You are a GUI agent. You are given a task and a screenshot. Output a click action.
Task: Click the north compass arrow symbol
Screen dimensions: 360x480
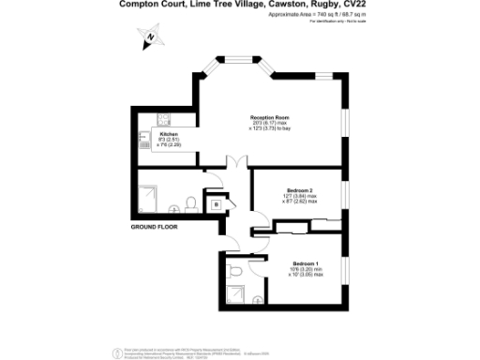tap(149, 37)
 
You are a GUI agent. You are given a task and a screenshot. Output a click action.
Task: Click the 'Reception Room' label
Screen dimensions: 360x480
tap(267, 116)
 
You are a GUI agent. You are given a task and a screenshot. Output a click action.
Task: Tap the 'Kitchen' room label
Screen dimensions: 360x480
tap(169, 134)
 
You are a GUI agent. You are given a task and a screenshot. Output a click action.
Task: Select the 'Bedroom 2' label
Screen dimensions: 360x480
tap(299, 191)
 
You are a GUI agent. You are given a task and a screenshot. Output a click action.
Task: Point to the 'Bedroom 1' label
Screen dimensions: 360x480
tap(306, 263)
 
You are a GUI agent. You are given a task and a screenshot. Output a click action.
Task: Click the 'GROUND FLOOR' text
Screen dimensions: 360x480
tap(155, 227)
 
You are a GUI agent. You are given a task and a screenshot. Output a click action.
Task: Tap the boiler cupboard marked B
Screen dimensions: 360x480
tap(216, 203)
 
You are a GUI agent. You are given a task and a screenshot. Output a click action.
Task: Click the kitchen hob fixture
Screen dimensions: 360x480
tap(162, 121)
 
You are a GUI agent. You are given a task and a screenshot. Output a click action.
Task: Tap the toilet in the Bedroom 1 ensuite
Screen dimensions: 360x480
tap(236, 271)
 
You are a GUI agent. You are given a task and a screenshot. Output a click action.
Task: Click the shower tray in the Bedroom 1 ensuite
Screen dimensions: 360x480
tap(237, 299)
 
